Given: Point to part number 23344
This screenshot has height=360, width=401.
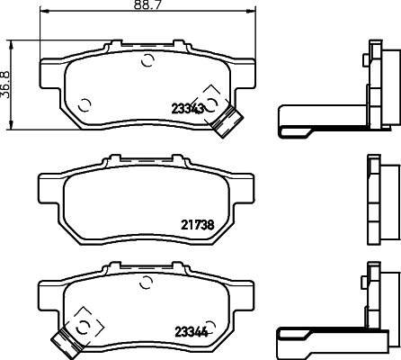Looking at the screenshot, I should coord(188,330).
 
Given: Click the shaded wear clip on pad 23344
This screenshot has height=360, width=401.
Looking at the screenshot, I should coord(65,342).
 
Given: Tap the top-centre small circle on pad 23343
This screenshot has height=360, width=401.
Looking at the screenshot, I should coord(147,61).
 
